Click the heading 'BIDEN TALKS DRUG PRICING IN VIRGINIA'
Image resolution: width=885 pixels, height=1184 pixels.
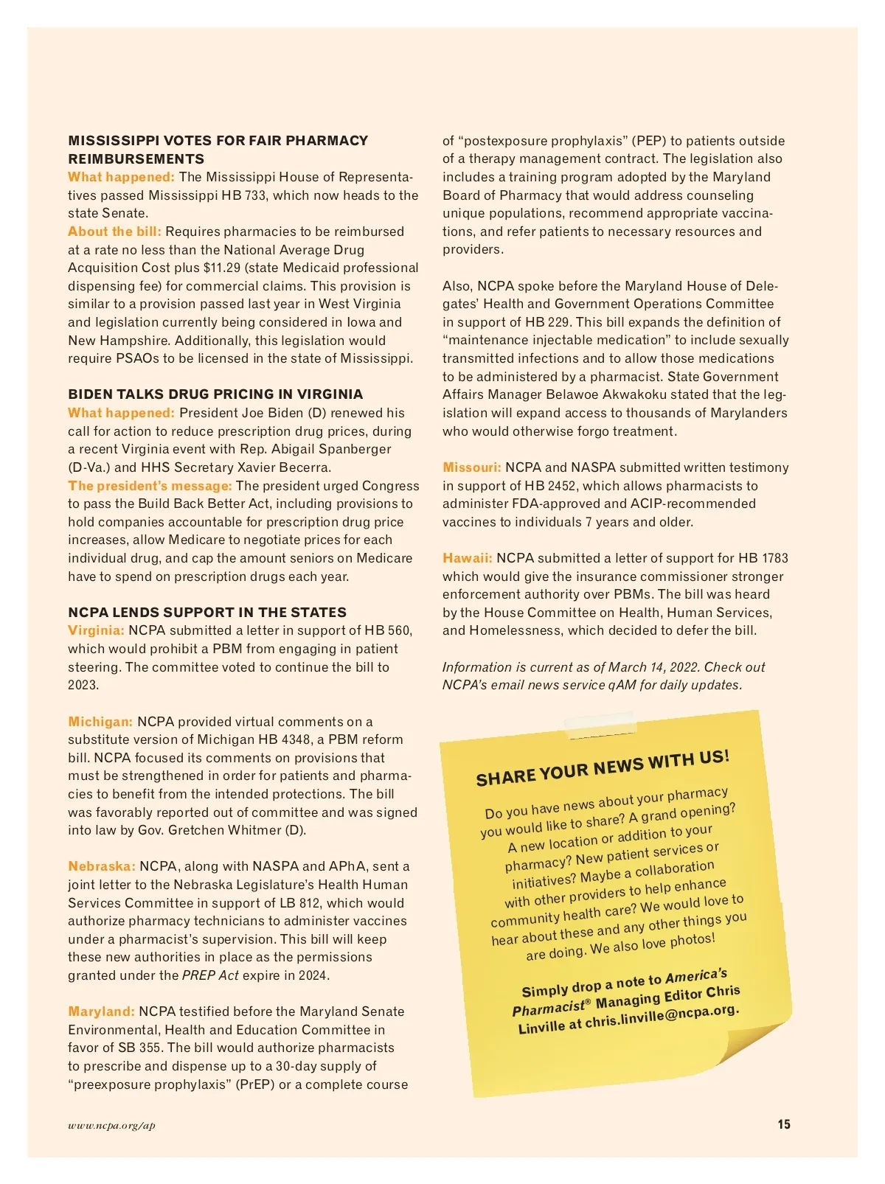point(215,394)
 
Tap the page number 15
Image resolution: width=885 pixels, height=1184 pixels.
point(783,1124)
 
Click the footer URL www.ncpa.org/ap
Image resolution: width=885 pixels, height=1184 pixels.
point(111,1125)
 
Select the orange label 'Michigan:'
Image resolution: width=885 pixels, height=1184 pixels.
point(100,722)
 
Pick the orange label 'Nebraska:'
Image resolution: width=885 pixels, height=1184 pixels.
point(102,866)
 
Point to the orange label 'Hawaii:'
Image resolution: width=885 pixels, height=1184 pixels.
point(467,558)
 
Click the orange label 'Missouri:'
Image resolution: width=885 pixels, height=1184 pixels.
point(471,467)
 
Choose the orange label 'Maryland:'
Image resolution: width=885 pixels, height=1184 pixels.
point(101,1011)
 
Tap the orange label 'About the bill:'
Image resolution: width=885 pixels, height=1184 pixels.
point(114,231)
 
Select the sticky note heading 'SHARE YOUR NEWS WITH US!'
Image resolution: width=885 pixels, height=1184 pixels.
point(603,767)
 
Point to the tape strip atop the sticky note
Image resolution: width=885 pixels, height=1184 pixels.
point(599,723)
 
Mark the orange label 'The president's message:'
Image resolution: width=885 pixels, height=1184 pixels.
point(150,486)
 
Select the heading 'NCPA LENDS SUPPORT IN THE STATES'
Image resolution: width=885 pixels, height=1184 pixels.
point(207,613)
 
